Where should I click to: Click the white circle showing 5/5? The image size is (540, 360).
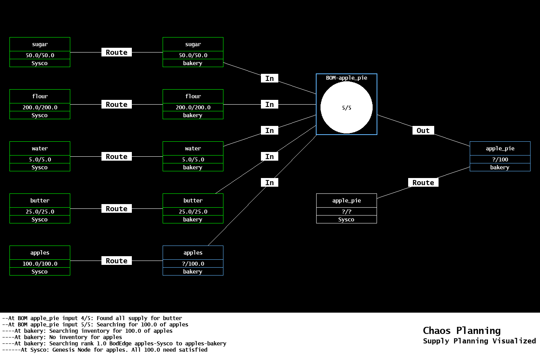click(346, 107)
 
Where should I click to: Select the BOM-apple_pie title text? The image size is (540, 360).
click(346, 78)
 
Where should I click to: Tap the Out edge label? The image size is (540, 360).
click(423, 131)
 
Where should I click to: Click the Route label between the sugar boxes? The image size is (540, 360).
click(116, 52)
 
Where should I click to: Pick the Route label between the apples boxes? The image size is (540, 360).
click(116, 261)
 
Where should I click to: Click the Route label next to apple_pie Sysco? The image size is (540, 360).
click(423, 183)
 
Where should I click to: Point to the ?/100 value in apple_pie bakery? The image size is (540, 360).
click(500, 159)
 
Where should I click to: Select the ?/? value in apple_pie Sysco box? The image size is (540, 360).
click(346, 212)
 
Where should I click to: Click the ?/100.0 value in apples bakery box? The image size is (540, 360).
click(193, 264)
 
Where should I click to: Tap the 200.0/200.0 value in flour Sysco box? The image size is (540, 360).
click(39, 107)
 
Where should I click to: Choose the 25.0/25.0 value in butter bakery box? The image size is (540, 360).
click(193, 212)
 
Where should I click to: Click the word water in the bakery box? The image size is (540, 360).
click(193, 149)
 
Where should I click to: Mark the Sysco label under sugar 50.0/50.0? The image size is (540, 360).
click(39, 63)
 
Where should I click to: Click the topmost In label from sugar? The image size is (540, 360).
click(270, 79)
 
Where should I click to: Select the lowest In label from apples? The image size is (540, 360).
click(270, 183)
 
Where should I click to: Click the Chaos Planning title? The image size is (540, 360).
click(461, 331)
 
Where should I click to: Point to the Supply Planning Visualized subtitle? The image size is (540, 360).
click(479, 341)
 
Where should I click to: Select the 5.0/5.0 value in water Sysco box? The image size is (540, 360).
click(39, 159)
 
